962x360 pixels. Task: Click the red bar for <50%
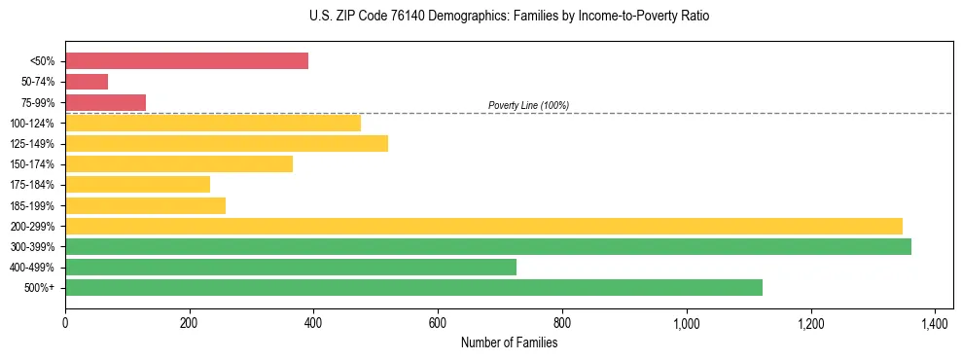pos(187,61)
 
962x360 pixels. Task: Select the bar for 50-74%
pos(87,82)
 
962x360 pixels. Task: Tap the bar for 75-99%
pos(105,102)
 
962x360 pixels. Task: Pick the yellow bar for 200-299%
pos(483,226)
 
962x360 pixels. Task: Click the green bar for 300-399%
pos(488,246)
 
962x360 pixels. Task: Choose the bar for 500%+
pos(413,287)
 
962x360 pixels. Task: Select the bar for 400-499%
pos(291,267)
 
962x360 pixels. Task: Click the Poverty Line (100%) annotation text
pos(528,105)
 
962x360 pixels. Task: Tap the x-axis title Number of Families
pos(509,342)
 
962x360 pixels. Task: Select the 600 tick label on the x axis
pos(438,322)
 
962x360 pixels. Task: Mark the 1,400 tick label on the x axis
pos(935,322)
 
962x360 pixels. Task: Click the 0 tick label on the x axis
pos(65,322)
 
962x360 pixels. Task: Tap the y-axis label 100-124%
pos(34,124)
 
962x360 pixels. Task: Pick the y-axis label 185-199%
pos(34,206)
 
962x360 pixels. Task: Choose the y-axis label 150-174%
pos(34,164)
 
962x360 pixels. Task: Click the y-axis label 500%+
pos(40,288)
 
